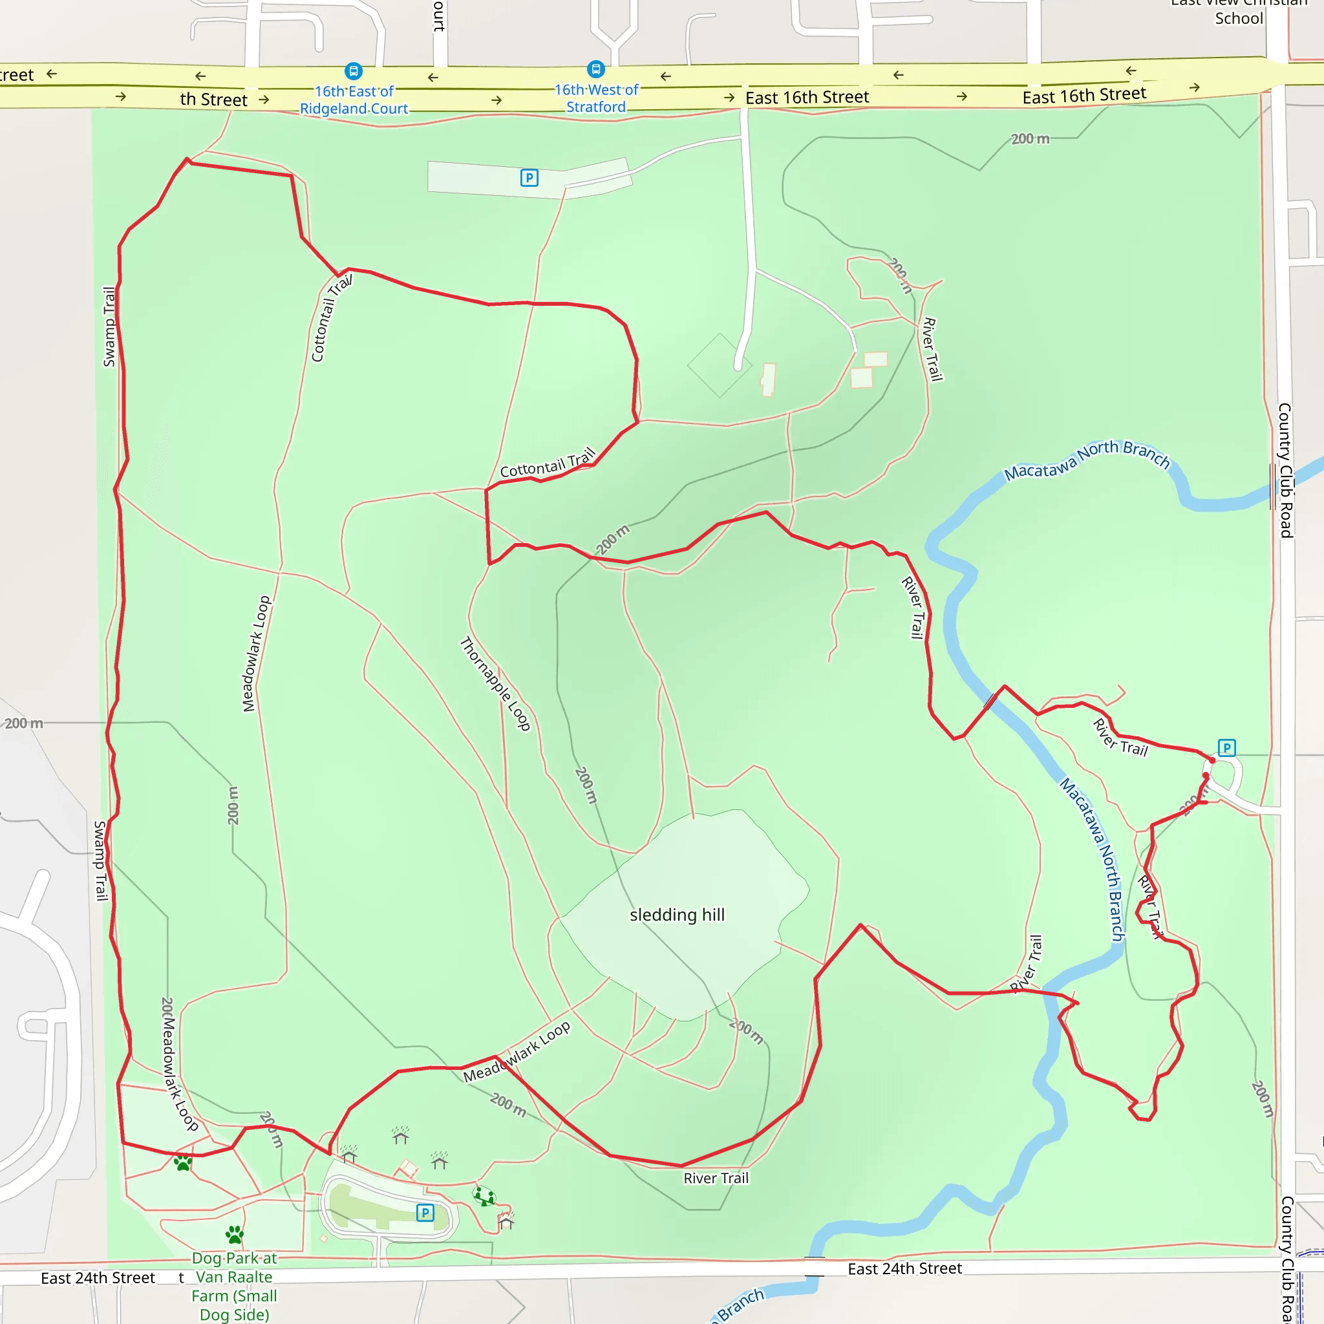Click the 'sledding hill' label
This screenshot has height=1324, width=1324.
point(676,915)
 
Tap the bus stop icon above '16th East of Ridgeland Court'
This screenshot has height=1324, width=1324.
point(353,70)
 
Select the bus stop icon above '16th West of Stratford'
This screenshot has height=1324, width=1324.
point(595,69)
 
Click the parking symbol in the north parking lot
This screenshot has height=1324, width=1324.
point(529,178)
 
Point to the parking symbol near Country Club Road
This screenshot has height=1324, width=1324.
point(1226,748)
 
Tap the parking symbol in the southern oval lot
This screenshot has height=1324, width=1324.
point(425,1212)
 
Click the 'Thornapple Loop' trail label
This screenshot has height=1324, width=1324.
point(495,683)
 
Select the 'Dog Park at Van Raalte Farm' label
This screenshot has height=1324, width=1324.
point(235,1286)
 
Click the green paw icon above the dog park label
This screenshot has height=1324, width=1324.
point(235,1235)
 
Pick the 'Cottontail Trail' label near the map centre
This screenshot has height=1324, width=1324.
point(548,464)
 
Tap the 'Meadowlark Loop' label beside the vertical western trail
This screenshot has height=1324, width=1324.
point(256,654)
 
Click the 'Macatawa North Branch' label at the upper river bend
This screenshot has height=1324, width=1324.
point(1087,460)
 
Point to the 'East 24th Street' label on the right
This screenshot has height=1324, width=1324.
point(904,1268)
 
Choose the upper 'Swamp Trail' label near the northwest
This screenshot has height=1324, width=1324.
point(109,327)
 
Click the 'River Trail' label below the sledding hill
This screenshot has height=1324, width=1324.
point(716,1178)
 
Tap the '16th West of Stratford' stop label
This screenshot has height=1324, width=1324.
point(595,98)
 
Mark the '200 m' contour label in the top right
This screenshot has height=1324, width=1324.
point(1030,138)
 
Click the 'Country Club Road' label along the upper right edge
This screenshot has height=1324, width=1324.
point(1285,470)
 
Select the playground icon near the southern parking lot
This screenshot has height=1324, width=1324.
point(484,1196)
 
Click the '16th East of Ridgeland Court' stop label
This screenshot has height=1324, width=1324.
point(354,100)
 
